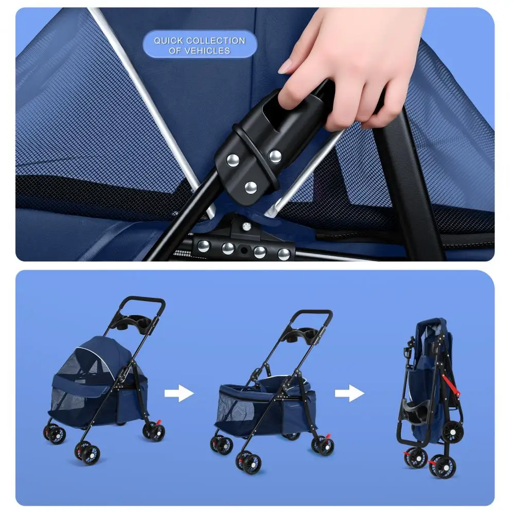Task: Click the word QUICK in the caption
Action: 168,41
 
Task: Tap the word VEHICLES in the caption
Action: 207,51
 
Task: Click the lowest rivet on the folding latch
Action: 251,187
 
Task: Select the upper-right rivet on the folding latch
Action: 275,156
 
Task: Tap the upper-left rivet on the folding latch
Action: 233,161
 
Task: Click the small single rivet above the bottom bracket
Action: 246,226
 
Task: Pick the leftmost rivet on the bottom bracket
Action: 203,246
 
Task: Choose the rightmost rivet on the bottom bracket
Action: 284,254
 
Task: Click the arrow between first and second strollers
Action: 179,393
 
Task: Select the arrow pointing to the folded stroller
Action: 350,393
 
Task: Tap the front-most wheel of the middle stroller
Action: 248,462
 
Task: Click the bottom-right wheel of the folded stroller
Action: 444,467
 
